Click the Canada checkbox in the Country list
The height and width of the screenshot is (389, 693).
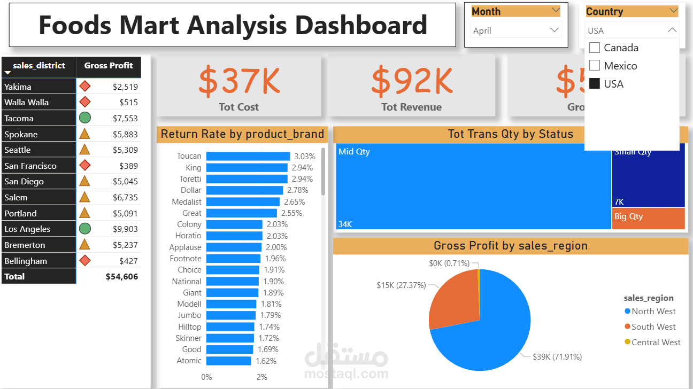point(594,48)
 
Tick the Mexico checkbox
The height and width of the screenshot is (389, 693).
point(594,66)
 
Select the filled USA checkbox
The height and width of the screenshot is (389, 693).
point(594,84)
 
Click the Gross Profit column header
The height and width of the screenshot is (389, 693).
point(109,66)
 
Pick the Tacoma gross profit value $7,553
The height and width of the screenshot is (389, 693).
point(125,119)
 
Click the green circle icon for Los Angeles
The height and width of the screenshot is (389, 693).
point(84,229)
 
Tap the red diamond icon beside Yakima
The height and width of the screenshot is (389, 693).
point(84,87)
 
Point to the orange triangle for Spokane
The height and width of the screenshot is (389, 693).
point(84,134)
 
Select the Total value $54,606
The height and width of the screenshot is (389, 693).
point(122,277)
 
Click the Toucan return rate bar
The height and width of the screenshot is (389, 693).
point(248,156)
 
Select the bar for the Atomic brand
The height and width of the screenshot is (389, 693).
point(228,361)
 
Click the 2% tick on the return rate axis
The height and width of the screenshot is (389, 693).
point(262,377)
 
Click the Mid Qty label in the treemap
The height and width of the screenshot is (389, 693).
point(354,152)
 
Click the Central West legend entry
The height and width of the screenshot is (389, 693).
point(656,343)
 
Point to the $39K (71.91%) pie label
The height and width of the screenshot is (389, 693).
point(557,356)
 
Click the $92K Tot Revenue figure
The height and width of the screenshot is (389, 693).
point(412,80)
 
